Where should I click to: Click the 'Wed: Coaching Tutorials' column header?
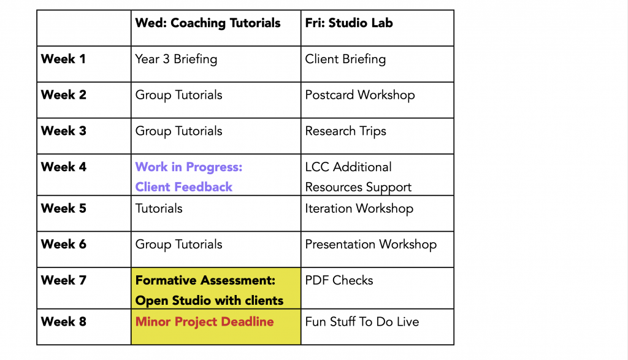207,23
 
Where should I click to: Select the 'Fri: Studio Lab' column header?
349,23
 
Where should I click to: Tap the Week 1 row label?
63,59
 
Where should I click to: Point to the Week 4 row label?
64,167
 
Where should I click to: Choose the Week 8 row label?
64,321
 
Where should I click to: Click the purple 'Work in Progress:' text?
189,167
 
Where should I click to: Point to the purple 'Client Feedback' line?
184,187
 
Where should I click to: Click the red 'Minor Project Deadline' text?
204,322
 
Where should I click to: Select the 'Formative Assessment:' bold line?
205,280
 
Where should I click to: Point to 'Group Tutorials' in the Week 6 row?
178,245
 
